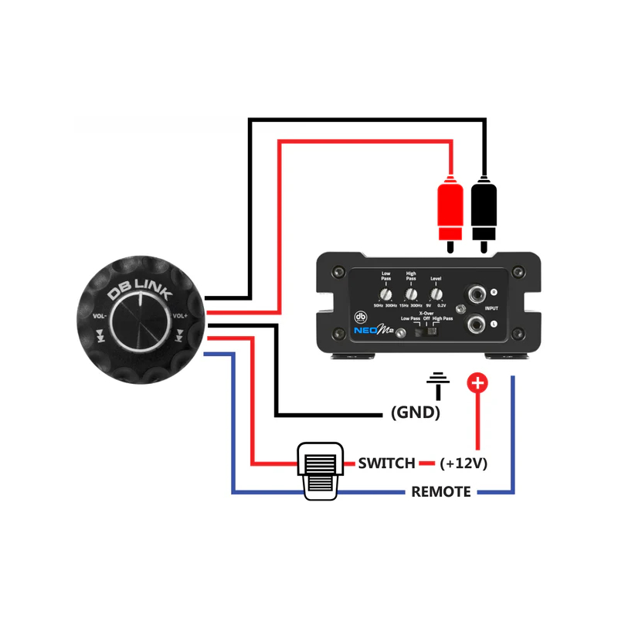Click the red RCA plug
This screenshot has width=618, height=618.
[x=450, y=210]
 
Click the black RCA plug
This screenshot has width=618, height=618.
[x=484, y=210]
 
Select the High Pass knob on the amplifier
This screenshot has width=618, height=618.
[x=411, y=294]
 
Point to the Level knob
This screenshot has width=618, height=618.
[x=436, y=294]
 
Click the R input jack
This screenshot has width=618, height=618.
[x=474, y=294]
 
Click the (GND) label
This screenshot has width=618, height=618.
[x=416, y=413]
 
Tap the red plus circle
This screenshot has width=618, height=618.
[x=477, y=382]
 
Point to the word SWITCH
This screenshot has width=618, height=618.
[x=387, y=463]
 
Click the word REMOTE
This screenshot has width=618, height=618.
[x=440, y=491]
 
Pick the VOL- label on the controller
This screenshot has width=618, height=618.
[x=100, y=316]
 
